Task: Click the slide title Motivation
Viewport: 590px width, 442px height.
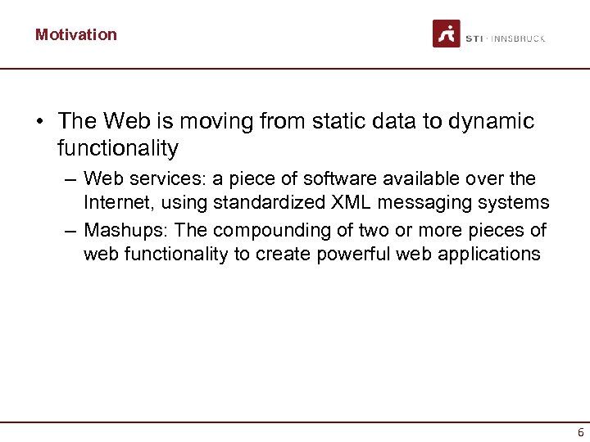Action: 75,34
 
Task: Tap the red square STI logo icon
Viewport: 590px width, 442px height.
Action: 447,34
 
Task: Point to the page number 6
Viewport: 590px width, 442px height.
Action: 580,433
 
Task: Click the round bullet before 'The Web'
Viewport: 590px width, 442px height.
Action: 39,123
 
